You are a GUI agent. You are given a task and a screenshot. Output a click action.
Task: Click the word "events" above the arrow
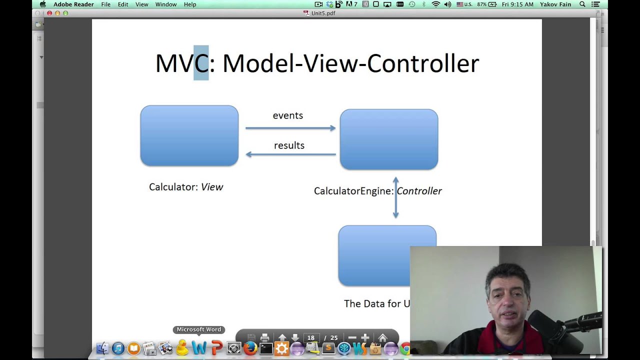[287, 115]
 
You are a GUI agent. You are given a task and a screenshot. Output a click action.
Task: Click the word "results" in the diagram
[289, 145]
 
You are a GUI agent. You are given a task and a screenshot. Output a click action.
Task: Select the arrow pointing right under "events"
[290, 128]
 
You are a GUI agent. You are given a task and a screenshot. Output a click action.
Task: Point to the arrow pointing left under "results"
[290, 154]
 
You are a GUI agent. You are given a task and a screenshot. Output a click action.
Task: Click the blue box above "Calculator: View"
[189, 135]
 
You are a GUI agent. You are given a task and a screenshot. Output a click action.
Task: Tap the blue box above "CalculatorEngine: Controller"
[388, 139]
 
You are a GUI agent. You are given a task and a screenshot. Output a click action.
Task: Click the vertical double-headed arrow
[395, 197]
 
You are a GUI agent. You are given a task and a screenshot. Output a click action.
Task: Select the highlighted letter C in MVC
[201, 63]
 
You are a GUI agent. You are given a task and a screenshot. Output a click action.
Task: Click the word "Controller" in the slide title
[423, 63]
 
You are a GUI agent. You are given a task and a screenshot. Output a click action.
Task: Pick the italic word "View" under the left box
[211, 187]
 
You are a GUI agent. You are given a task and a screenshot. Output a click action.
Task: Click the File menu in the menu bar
[105, 4]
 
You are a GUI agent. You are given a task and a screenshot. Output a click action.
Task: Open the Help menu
[190, 4]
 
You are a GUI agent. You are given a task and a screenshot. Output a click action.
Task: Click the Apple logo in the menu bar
[42, 4]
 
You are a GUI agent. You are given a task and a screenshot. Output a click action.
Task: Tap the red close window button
[49, 13]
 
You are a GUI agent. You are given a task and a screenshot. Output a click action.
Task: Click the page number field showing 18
[311, 338]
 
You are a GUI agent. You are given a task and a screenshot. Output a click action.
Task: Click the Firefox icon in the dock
[250, 348]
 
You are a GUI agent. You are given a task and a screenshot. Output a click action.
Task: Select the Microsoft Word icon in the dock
[199, 348]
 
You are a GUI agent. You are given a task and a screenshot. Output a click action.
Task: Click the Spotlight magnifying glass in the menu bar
[582, 4]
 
